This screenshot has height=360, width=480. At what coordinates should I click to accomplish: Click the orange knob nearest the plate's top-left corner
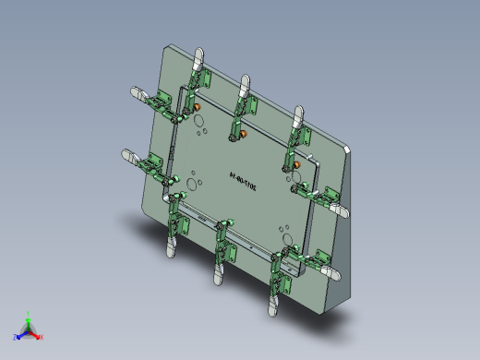(x=197, y=107)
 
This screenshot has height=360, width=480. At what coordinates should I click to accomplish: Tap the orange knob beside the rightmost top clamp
(x=297, y=165)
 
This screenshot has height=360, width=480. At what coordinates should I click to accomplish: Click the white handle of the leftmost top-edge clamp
(x=197, y=60)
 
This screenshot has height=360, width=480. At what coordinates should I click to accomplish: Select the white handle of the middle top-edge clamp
(x=245, y=86)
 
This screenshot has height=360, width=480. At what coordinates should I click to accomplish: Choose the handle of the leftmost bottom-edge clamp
(x=171, y=244)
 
